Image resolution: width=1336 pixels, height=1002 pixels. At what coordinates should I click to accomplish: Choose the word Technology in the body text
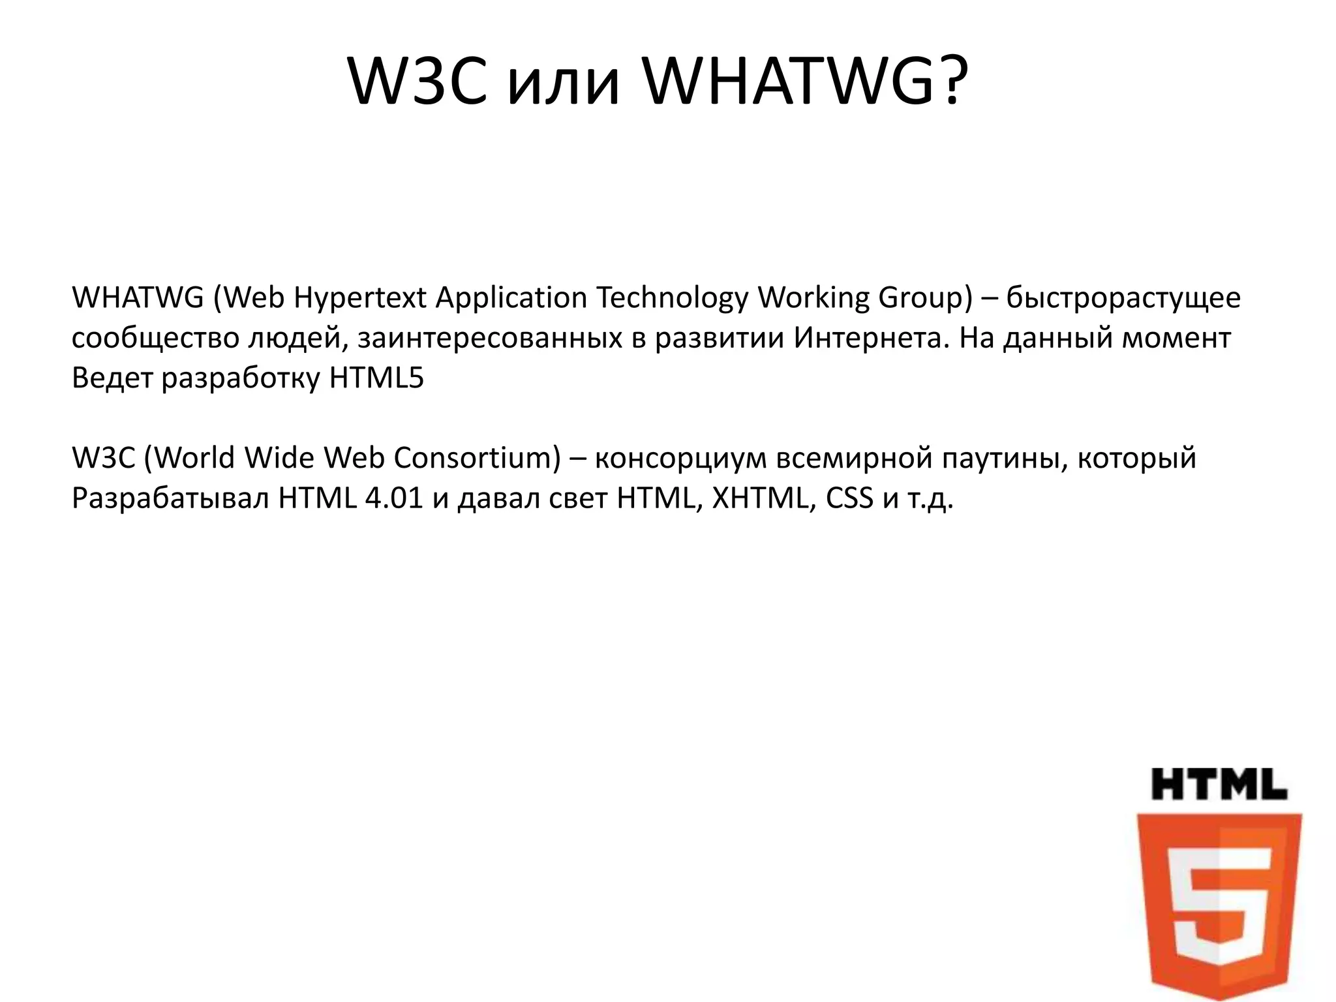point(672,299)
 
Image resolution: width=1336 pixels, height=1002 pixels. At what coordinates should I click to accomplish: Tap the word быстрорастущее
point(1123,299)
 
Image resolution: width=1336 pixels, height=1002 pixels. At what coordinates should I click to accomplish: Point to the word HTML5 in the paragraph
point(376,378)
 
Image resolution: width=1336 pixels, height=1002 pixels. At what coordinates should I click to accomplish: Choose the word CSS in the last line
point(849,499)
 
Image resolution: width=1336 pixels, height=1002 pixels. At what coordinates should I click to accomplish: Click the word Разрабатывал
point(170,499)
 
